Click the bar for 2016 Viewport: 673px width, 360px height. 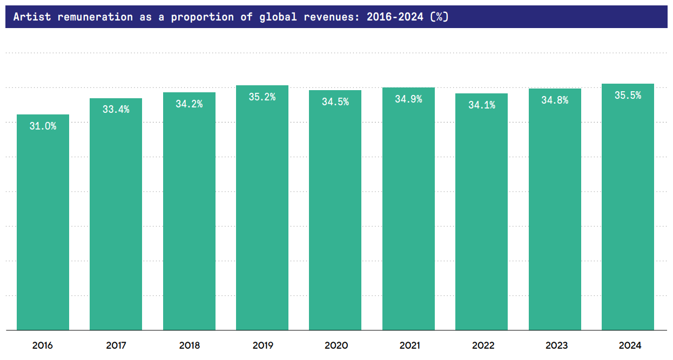pos(43,227)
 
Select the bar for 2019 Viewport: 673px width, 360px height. pos(262,216)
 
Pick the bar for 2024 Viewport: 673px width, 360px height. pos(628,216)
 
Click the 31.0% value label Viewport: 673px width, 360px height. pos(43,126)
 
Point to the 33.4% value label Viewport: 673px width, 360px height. pos(116,110)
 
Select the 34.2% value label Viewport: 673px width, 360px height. pos(189,104)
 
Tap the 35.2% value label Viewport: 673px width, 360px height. pos(262,97)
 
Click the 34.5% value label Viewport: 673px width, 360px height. pos(335,102)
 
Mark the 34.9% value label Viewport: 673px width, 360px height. pos(408,99)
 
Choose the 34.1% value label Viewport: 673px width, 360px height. pos(481,105)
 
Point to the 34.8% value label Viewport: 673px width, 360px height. pos(555,100)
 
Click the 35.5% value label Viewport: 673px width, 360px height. pos(628,96)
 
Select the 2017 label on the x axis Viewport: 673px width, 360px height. pos(116,345)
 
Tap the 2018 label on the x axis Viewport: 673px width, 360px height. pos(189,345)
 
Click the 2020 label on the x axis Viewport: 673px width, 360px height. pos(335,345)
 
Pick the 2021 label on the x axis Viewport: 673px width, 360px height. pos(408,345)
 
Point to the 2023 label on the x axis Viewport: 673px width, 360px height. pos(555,345)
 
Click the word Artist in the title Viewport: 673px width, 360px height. pos(32,17)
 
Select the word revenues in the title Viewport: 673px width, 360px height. pos(333,17)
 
